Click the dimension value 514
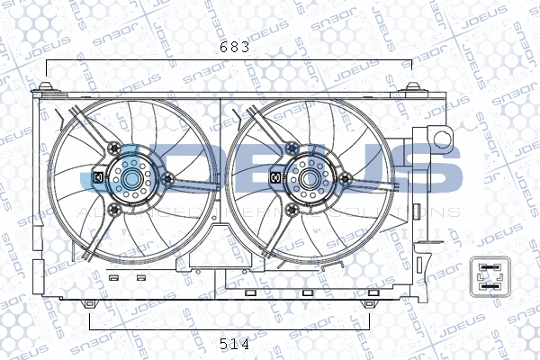tap(233, 343)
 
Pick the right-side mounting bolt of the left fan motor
tap(167, 179)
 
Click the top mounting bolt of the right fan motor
tap(291, 148)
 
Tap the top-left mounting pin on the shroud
tap(46, 87)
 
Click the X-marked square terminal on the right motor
tap(276, 178)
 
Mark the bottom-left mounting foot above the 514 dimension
tap(90, 304)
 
